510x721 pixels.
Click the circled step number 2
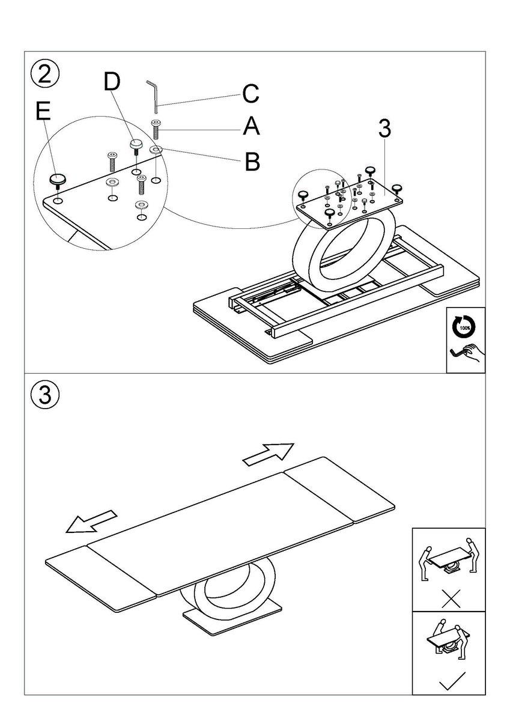pyautogui.click(x=45, y=75)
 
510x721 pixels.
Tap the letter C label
pyautogui.click(x=250, y=94)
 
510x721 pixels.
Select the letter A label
pyautogui.click(x=252, y=127)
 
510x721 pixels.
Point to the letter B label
pyautogui.click(x=252, y=160)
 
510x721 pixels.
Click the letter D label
pyautogui.click(x=112, y=82)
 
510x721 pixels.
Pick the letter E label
pyautogui.click(x=43, y=112)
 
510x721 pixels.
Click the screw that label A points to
pyautogui.click(x=157, y=128)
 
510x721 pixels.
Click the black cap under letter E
pyautogui.click(x=57, y=179)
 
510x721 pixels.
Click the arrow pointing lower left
pyautogui.click(x=91, y=521)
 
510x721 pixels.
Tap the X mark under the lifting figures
pyautogui.click(x=448, y=598)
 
